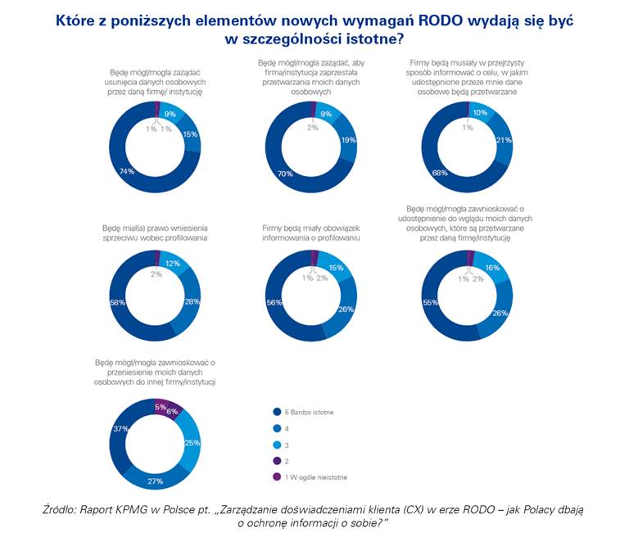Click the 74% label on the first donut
click(x=127, y=171)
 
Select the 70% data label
click(x=285, y=174)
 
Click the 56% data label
click(x=274, y=301)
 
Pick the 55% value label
click(x=428, y=302)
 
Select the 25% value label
click(x=192, y=443)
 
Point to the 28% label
click(x=192, y=302)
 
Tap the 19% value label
click(x=347, y=140)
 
